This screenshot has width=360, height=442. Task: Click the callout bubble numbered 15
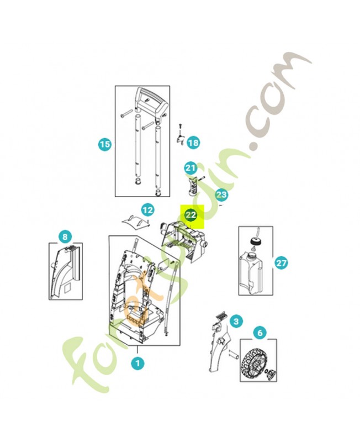coord(105,144)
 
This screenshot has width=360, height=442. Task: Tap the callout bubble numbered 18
coord(193,143)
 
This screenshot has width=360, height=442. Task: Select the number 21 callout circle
coord(190,169)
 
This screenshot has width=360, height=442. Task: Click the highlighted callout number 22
coord(191,215)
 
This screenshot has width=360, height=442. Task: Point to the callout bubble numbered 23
coord(221,194)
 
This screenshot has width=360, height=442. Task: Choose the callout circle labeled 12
coord(147,210)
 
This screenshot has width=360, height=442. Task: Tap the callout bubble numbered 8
coord(65,236)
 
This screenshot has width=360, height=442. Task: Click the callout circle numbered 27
coord(281,263)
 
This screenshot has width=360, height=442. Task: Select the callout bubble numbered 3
coord(236,321)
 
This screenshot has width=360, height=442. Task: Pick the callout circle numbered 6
coord(260,333)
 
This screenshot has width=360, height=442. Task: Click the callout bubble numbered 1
coord(137,363)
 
